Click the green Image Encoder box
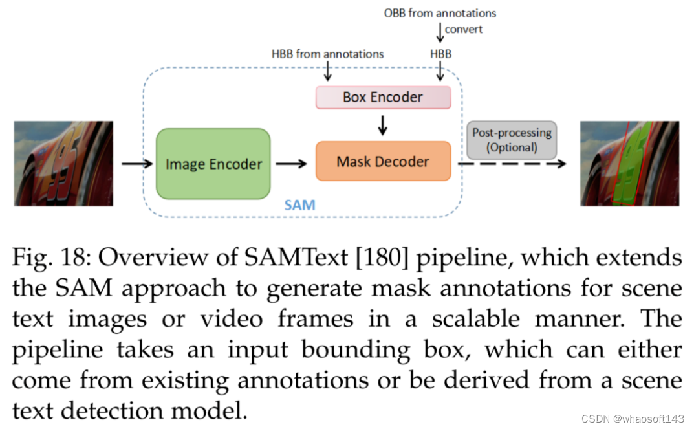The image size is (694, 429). tap(213, 164)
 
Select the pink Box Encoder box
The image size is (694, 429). tap(382, 98)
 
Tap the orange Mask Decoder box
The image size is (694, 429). tap(382, 161)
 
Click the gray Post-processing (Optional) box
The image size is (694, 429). tap(512, 140)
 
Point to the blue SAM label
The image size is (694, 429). tap(300, 205)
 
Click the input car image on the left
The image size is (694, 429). tap(63, 163)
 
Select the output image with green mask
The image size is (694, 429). tap(629, 163)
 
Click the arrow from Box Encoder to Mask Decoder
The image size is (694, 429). tap(382, 124)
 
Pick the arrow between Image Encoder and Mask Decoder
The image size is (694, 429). tap(292, 164)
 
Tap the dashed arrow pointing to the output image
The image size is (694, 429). tap(511, 164)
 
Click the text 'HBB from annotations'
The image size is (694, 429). tap(327, 54)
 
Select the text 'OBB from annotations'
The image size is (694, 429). tap(440, 12)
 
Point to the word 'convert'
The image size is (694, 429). tap(463, 29)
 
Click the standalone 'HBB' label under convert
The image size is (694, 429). tap(440, 54)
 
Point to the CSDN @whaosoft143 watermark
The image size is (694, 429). tap(633, 419)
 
